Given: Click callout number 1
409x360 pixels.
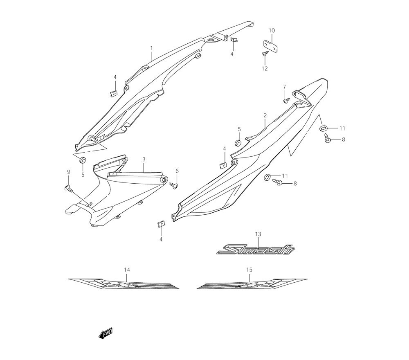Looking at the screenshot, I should point(151,48).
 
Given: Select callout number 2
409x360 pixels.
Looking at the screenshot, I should point(265,116).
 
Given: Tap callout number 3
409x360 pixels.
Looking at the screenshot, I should point(144,159).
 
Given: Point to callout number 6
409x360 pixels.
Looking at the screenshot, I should point(177,171).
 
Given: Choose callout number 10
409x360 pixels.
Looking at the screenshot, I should point(272,31).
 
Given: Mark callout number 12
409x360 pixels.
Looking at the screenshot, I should point(265,68).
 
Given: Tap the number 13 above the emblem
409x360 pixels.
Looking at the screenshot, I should point(258,234).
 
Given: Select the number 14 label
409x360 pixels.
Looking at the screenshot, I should point(127,270).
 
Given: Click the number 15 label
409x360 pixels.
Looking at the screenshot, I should point(249,270).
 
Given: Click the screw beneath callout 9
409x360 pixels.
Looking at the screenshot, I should point(68,189).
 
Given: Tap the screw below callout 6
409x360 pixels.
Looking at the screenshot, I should point(174,185).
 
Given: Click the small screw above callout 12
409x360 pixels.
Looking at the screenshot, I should point(264,54).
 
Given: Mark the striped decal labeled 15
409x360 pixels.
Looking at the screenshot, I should point(252,283).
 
